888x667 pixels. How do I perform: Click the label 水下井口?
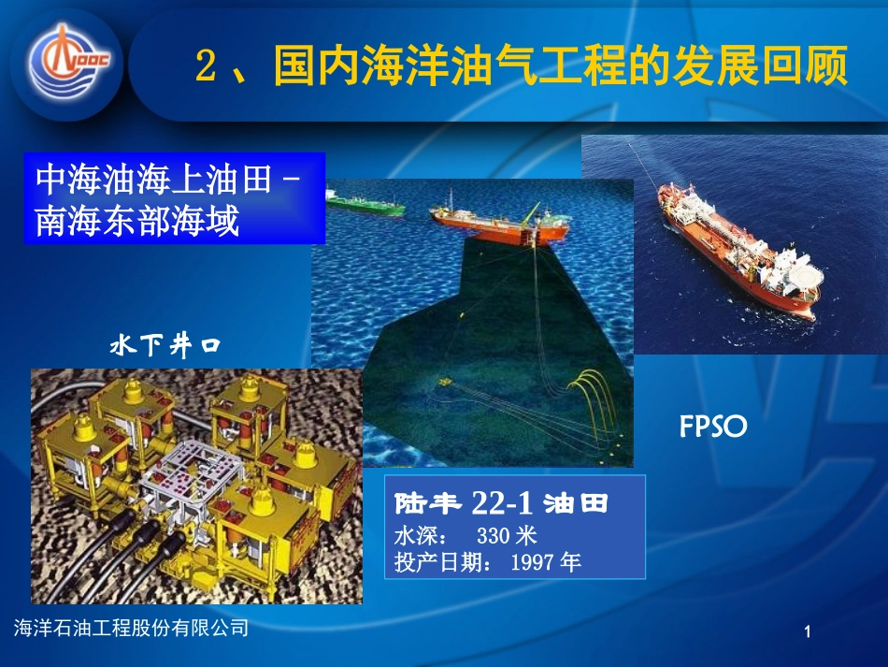pos(165,347)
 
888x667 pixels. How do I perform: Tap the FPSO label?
pos(713,428)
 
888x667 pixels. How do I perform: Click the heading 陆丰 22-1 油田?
pos(501,505)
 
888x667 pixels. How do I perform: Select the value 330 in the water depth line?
pos(493,536)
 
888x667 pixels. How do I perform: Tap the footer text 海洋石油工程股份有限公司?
pos(133,629)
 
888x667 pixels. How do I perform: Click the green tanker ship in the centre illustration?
pos(365,205)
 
